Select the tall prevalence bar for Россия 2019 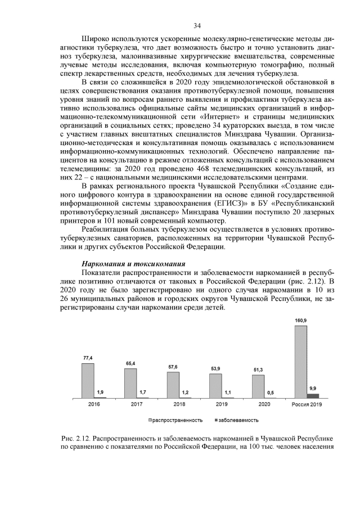pos(301,362)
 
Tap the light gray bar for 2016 pos(88,381)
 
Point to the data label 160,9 pos(301,321)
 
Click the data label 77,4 pos(88,358)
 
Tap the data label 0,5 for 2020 pos(271,393)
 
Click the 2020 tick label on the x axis pos(264,404)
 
